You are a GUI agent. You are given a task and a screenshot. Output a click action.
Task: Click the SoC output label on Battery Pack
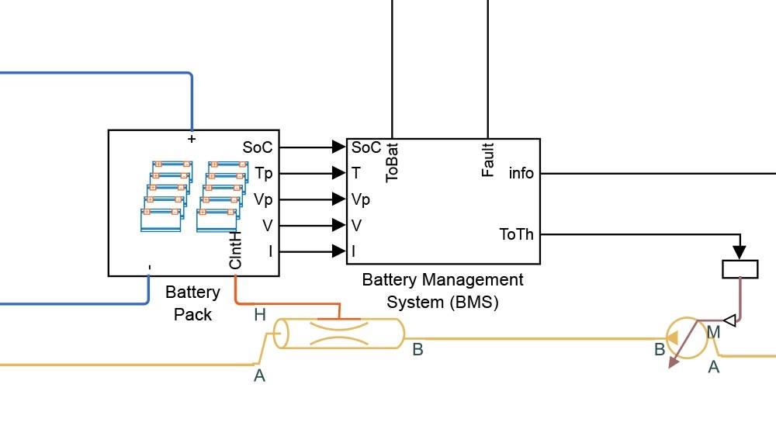pyautogui.click(x=258, y=147)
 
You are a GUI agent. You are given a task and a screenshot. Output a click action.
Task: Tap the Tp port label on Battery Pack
pyautogui.click(x=263, y=173)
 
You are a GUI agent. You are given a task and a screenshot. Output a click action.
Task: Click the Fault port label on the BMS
pyautogui.click(x=488, y=159)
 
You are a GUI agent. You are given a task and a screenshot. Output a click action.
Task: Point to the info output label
pyautogui.click(x=521, y=173)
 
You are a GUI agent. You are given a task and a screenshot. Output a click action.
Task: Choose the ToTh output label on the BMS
pyautogui.click(x=516, y=234)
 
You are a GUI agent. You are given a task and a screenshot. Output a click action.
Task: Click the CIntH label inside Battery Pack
pyautogui.click(x=236, y=250)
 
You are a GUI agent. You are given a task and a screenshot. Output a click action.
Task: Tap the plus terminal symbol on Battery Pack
pyautogui.click(x=192, y=139)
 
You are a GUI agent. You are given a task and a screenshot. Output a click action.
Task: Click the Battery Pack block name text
pyautogui.click(x=192, y=303)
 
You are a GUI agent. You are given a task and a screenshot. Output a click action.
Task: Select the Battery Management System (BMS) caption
pyautogui.click(x=442, y=290)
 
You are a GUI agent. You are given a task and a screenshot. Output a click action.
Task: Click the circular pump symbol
pyautogui.click(x=684, y=336)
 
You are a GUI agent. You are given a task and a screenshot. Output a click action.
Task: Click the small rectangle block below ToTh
pyautogui.click(x=740, y=268)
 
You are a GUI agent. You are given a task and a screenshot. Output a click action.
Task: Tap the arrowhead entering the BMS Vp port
pyautogui.click(x=338, y=199)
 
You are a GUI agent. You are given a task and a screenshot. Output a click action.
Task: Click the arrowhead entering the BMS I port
pyautogui.click(x=338, y=251)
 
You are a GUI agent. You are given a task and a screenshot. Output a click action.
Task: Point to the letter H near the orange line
pyautogui.click(x=259, y=315)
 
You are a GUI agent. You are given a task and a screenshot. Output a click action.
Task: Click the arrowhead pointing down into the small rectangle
pyautogui.click(x=740, y=252)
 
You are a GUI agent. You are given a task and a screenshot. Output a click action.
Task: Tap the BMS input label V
pyautogui.click(x=356, y=226)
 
